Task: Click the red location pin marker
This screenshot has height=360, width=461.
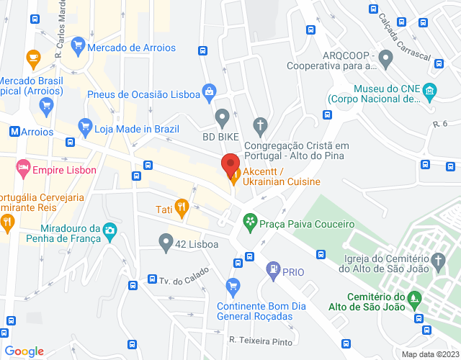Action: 230,166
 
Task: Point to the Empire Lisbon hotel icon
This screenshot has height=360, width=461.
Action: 23,171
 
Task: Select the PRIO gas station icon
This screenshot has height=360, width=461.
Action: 273,271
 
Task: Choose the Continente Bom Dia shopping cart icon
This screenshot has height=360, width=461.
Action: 232,287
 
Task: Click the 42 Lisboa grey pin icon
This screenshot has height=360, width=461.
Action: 166,243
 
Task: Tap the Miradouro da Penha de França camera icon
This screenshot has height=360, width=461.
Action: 110,231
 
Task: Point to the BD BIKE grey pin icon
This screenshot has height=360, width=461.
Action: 222,117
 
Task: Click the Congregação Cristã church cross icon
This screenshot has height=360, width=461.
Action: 261,125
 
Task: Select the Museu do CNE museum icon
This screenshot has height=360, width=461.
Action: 430,91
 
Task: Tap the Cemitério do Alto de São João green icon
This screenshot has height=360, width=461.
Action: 413,297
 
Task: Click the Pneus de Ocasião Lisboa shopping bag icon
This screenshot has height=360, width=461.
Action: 208,91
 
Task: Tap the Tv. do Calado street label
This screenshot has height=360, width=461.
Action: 184,275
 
